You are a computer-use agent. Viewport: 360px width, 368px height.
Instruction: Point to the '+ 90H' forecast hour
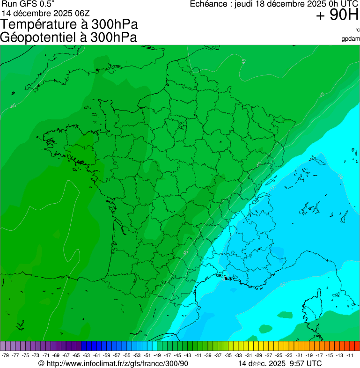pyautogui.click(x=337, y=15)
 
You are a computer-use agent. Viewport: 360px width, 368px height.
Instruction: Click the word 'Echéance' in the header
pyautogui.click(x=209, y=4)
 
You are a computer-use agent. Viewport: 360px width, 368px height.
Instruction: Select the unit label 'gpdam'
pyautogui.click(x=351, y=38)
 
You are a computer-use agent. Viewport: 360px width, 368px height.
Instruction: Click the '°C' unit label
pyautogui.click(x=357, y=30)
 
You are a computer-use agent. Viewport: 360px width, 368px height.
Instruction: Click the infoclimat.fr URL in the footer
pyautogui.click(x=117, y=363)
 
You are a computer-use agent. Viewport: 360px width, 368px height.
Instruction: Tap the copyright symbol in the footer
pyautogui.click(x=41, y=363)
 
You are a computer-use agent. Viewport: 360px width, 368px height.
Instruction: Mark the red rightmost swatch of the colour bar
pyautogui.click(x=357, y=346)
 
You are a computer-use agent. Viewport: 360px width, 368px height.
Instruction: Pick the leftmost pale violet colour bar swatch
pyautogui.click(x=3, y=346)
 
